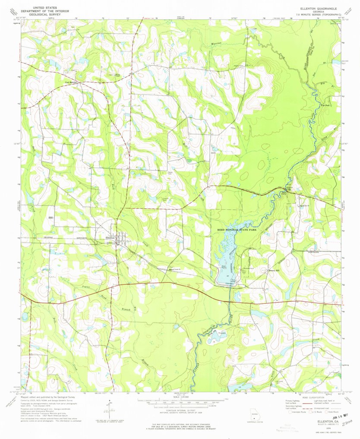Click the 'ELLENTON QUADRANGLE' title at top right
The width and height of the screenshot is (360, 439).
coord(318,8)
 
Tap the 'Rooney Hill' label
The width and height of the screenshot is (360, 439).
coord(274,271)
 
